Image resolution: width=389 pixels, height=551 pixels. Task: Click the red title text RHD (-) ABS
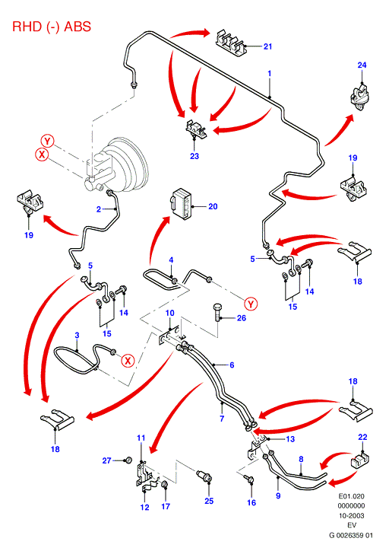(x=52, y=27)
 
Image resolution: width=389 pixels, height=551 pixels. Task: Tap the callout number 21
(x=267, y=46)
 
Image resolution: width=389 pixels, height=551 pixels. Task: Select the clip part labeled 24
(x=360, y=97)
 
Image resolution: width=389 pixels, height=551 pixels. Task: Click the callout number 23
(x=194, y=156)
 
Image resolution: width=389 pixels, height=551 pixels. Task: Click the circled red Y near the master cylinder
(x=47, y=142)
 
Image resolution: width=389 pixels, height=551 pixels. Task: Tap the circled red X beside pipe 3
(x=128, y=361)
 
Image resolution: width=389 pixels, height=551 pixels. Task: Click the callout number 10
(x=169, y=313)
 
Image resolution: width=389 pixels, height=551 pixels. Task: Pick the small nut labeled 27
(x=128, y=460)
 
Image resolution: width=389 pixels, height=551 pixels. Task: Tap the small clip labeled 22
(x=359, y=460)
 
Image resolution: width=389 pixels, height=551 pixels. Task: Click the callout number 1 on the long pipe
(x=270, y=74)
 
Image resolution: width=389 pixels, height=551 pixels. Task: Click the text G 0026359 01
(x=351, y=536)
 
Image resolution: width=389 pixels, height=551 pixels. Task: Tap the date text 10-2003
(x=351, y=516)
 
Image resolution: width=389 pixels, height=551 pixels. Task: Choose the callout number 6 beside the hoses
(x=232, y=365)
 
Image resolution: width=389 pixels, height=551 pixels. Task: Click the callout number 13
(x=290, y=439)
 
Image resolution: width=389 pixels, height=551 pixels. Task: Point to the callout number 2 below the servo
(x=99, y=209)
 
